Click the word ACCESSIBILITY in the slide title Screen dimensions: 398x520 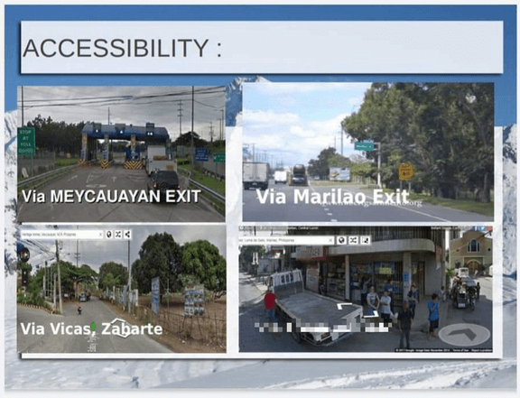click(x=114, y=49)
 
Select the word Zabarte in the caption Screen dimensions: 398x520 click(x=135, y=328)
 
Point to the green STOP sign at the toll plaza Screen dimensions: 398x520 click(x=26, y=141)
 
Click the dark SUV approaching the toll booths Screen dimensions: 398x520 click(x=164, y=180)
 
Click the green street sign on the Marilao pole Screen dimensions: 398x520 click(x=364, y=145)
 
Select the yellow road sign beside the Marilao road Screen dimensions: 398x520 click(x=406, y=171)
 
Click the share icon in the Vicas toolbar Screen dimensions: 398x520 click(x=128, y=235)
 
